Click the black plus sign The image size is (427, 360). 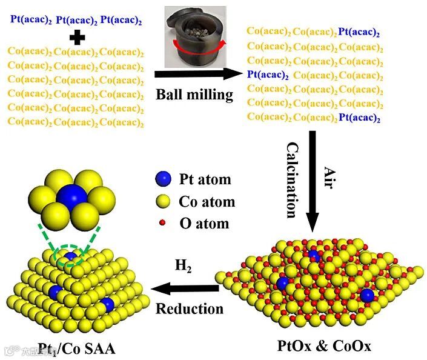pos(76,38)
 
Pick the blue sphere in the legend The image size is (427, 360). pos(162,179)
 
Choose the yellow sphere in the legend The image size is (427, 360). pos(162,201)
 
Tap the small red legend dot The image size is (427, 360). pos(162,223)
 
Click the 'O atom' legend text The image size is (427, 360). pos(204,224)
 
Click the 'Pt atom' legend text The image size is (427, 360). pos(205,179)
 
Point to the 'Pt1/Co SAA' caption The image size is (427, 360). pos(76,348)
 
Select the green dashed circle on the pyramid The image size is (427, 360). pos(71,258)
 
